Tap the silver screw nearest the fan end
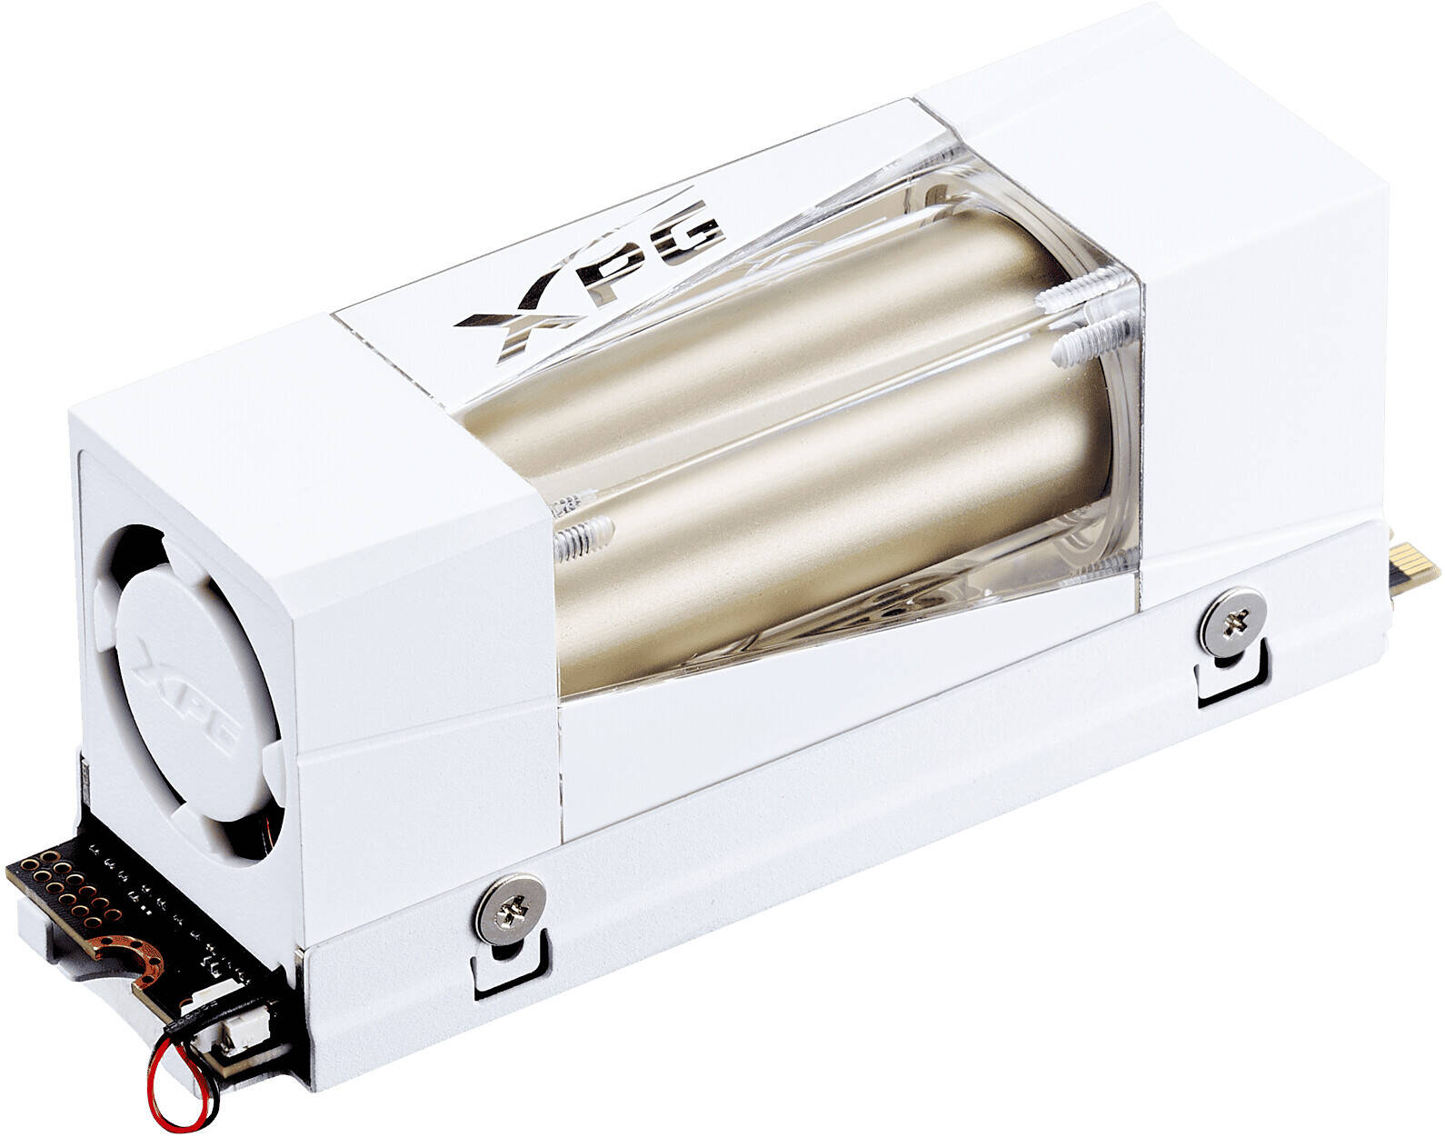click(510, 912)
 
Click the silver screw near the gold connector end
click(1233, 623)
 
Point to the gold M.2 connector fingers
click(1414, 574)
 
